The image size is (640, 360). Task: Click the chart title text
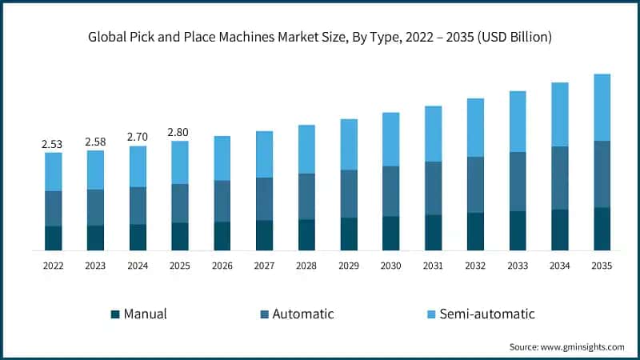320,38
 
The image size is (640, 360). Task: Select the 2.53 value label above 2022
53,145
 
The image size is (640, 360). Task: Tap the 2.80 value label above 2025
180,133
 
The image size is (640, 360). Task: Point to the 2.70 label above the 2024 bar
138,138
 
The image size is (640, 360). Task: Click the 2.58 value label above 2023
95,142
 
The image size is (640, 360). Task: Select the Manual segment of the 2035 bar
602,229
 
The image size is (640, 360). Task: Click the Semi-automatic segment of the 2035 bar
602,108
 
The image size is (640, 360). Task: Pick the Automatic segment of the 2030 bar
390,191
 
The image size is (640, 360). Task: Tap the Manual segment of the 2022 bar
53,238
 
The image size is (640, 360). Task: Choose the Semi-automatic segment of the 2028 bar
306,150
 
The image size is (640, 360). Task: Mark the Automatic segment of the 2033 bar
518,182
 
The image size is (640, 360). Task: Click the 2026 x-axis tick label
222,266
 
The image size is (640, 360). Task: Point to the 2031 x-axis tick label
433,266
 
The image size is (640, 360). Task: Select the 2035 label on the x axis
602,266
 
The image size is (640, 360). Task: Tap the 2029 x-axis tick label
349,266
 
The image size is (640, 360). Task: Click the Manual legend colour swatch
114,314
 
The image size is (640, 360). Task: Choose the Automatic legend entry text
303,314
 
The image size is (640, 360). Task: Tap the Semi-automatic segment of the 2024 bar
138,166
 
